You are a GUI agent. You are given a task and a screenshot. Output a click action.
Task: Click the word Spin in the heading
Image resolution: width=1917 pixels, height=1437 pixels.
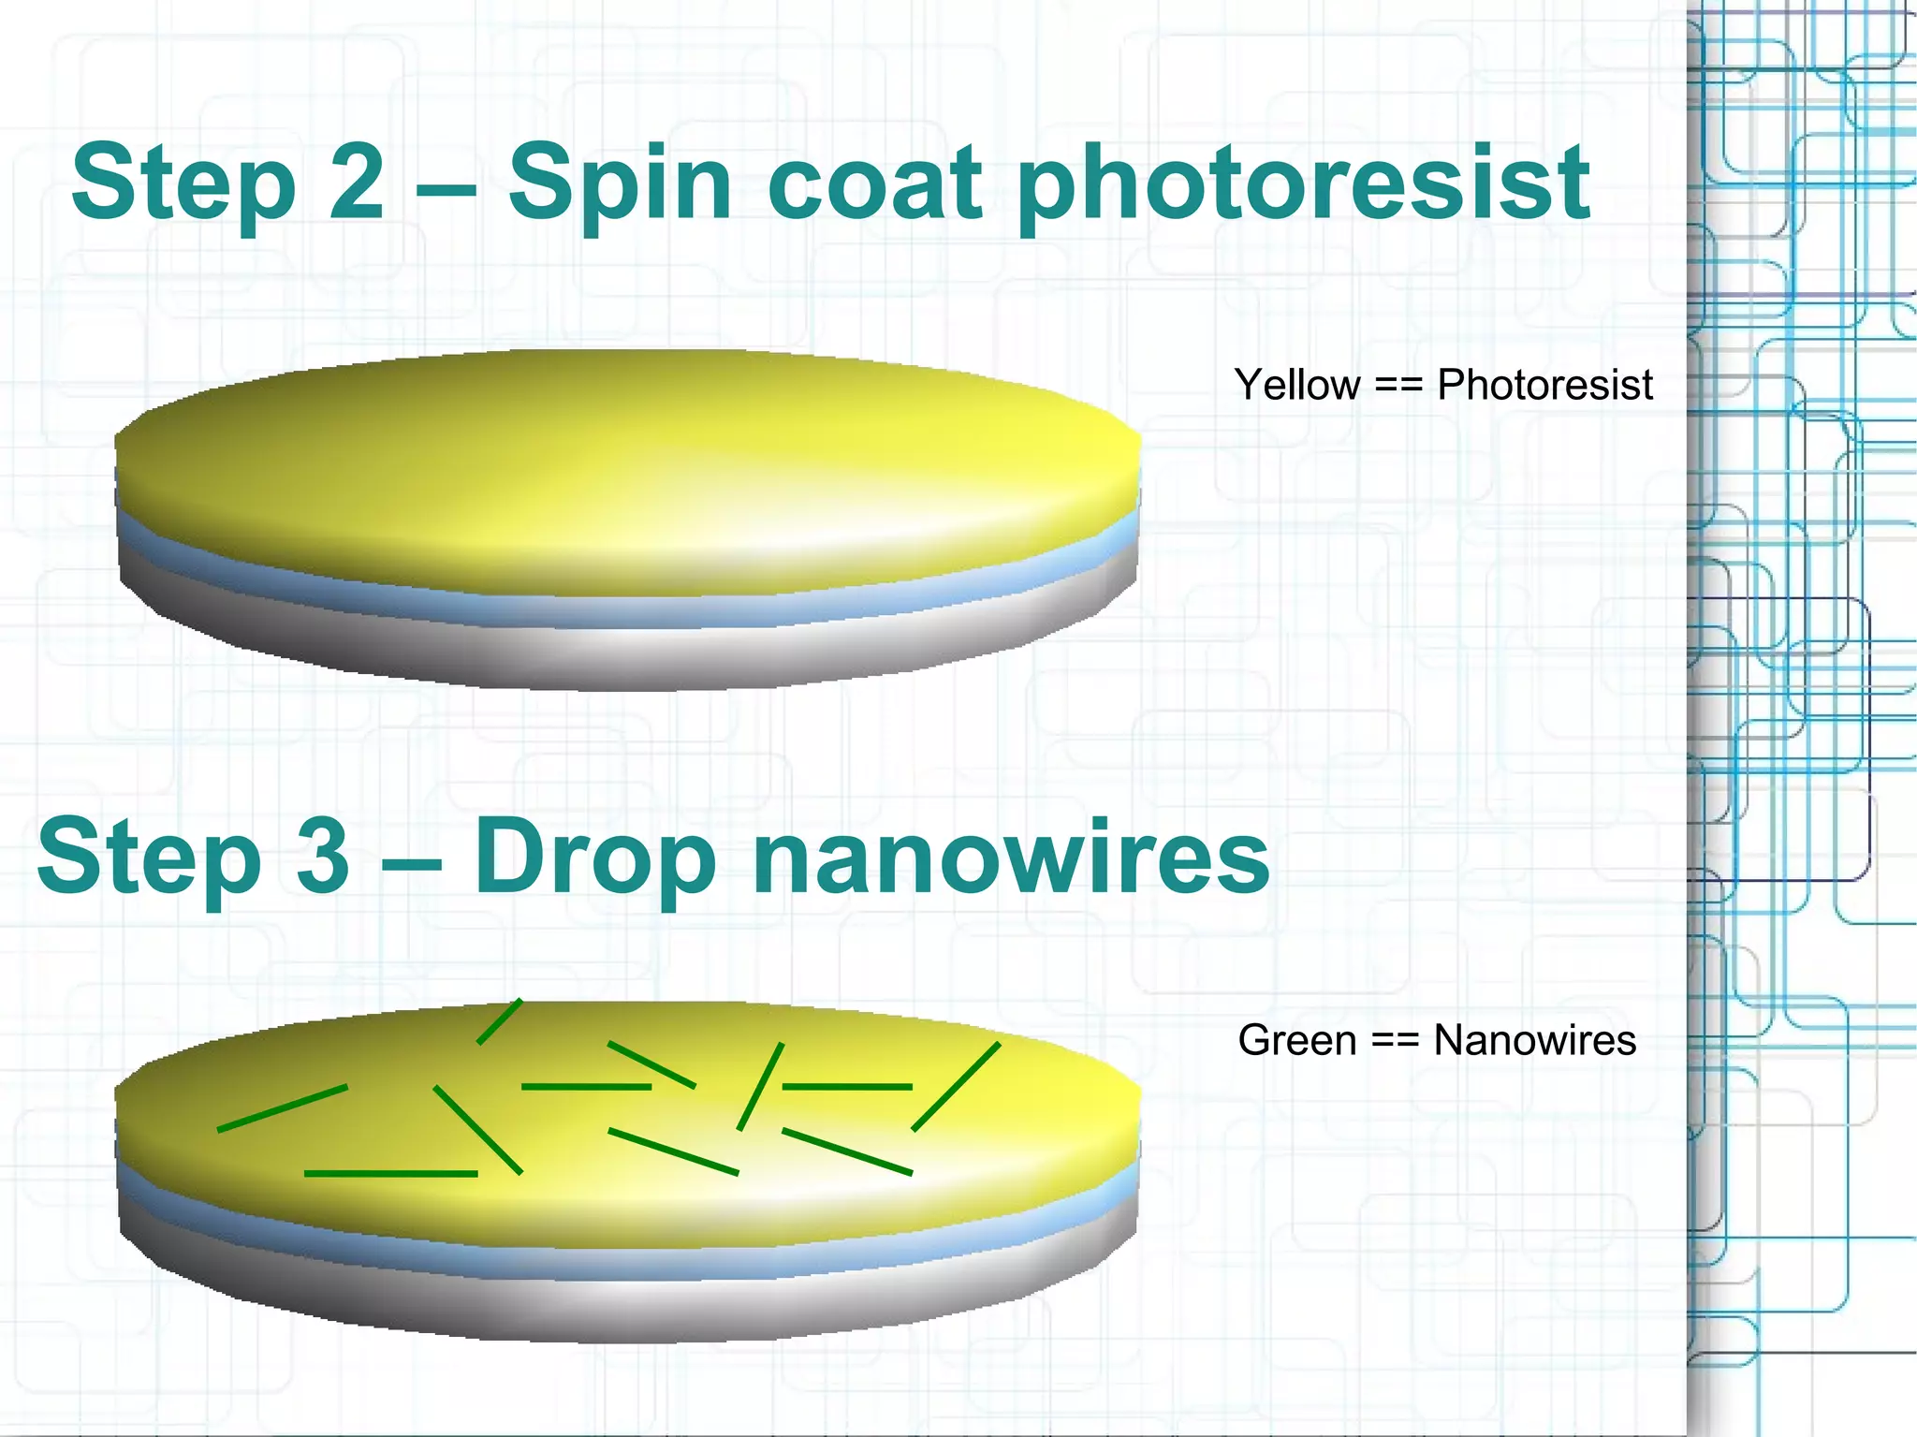click(x=619, y=183)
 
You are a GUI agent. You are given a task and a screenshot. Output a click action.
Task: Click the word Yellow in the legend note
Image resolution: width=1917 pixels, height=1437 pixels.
click(x=1297, y=386)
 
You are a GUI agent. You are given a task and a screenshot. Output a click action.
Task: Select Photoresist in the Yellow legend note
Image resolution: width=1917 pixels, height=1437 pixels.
click(x=1544, y=385)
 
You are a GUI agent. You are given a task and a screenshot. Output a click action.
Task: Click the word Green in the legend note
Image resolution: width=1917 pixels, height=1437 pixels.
click(x=1296, y=1040)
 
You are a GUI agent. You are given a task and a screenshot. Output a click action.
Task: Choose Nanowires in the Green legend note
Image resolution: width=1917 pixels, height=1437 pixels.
click(x=1535, y=1040)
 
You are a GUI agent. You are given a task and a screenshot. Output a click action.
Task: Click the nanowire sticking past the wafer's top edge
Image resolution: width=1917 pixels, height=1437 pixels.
click(x=500, y=1021)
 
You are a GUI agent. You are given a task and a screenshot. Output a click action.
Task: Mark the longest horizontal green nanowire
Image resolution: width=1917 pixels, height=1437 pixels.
click(x=391, y=1173)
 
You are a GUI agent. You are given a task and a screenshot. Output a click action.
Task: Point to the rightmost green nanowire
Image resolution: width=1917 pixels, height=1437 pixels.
click(x=956, y=1087)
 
